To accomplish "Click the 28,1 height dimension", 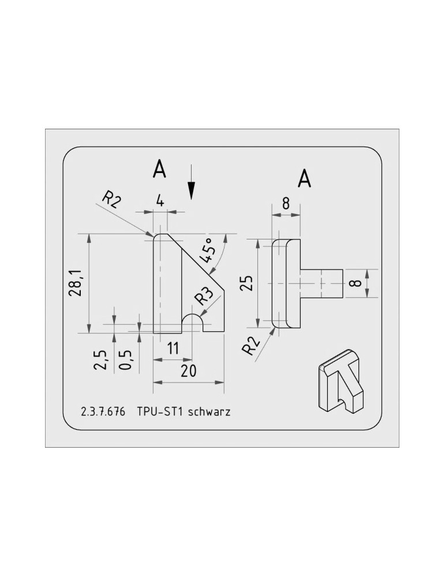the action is pyautogui.click(x=76, y=283).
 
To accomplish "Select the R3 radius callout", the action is pyautogui.click(x=204, y=296).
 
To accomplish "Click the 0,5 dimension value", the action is pyautogui.click(x=125, y=359).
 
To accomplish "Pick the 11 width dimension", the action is pyautogui.click(x=172, y=348).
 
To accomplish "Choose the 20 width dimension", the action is pyautogui.click(x=189, y=371).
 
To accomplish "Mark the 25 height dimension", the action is pyautogui.click(x=246, y=283).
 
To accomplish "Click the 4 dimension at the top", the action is pyautogui.click(x=160, y=201).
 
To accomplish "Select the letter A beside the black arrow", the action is pyautogui.click(x=159, y=170).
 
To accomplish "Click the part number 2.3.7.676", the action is pyautogui.click(x=103, y=411).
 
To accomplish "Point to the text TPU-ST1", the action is pyautogui.click(x=160, y=411).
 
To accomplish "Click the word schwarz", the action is pyautogui.click(x=209, y=411).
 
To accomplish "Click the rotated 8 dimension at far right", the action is pyautogui.click(x=356, y=283).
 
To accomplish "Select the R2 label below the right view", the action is pyautogui.click(x=252, y=346).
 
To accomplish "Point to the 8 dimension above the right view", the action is pyautogui.click(x=286, y=203).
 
